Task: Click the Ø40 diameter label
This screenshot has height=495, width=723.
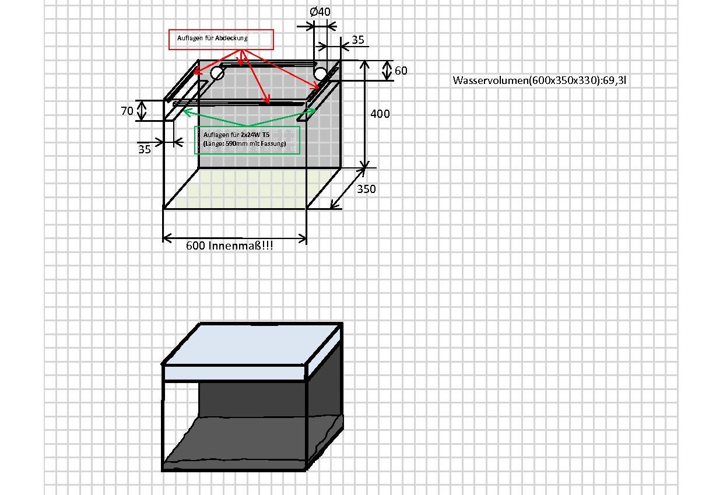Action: (x=320, y=12)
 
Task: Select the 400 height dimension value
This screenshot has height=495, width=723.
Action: (x=380, y=114)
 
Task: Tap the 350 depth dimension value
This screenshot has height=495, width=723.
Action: (x=366, y=189)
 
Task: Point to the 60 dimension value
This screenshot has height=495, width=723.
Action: (x=401, y=71)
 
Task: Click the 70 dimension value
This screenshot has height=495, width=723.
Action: (x=127, y=111)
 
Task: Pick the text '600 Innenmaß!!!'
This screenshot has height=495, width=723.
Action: (x=230, y=246)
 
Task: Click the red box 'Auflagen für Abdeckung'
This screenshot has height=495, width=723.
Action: (x=221, y=40)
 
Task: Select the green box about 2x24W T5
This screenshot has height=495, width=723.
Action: (x=247, y=140)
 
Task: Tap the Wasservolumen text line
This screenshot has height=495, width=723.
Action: (x=539, y=80)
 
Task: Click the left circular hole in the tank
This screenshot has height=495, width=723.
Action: (x=217, y=73)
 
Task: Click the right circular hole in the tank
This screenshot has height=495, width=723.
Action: (x=320, y=74)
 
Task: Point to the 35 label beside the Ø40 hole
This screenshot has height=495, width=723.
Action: (x=357, y=40)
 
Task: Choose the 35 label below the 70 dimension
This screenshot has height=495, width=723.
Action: (x=144, y=149)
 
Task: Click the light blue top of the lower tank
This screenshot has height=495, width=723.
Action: (x=252, y=344)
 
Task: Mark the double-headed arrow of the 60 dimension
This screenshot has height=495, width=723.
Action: (x=387, y=71)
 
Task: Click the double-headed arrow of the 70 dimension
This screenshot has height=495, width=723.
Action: (x=142, y=110)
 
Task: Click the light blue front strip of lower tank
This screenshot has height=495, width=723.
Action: (x=234, y=373)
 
